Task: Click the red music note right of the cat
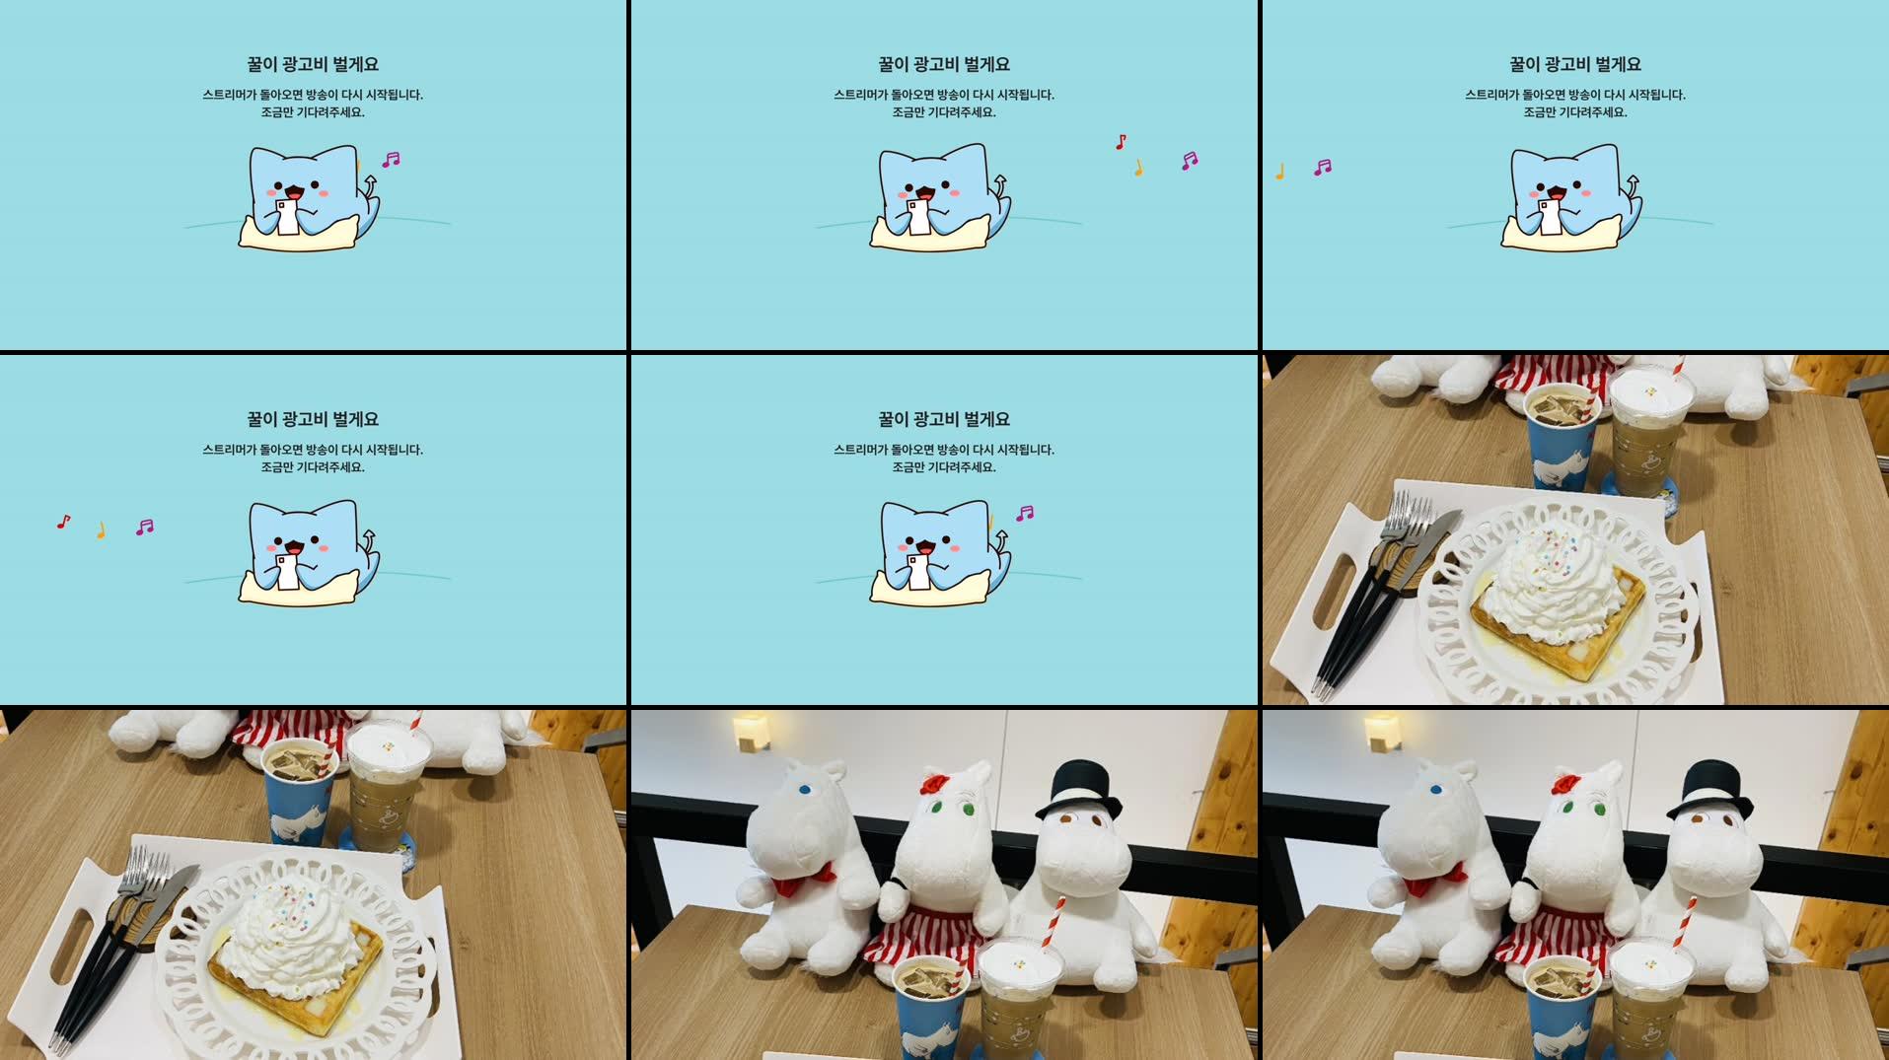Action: point(1121,142)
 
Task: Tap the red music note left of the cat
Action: point(63,522)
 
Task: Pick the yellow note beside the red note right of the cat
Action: point(1138,168)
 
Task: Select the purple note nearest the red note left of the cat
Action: point(145,528)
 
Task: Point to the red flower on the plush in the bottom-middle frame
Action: point(933,785)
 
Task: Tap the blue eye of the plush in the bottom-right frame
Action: point(1435,790)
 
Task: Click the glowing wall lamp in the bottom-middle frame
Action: point(752,731)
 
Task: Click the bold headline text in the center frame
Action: point(944,419)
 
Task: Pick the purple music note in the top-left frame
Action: point(392,159)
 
